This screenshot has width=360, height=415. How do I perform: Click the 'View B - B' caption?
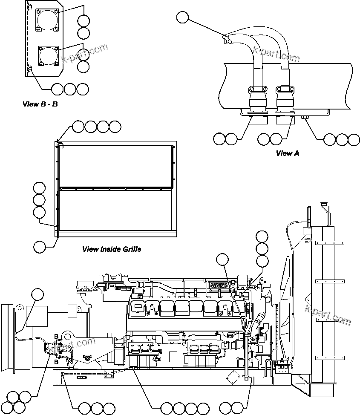coord(40,104)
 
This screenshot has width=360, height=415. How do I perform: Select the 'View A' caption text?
coord(287,153)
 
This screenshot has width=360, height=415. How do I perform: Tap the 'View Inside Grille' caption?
coord(112,249)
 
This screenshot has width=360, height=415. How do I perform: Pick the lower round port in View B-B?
coord(47,56)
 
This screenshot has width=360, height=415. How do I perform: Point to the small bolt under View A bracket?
coord(304,117)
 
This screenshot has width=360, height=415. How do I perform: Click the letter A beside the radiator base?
coord(281,360)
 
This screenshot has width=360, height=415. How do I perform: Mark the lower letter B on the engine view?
coord(56,362)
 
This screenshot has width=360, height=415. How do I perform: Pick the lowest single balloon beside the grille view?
coord(40,247)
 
